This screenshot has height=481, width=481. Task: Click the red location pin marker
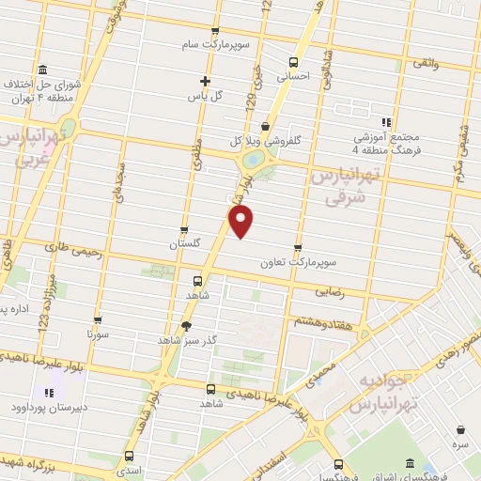click(241, 222)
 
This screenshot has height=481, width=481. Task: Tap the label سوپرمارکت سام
click(215, 45)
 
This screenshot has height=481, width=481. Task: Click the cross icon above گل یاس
click(206, 81)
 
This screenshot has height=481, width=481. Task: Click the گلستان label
click(185, 243)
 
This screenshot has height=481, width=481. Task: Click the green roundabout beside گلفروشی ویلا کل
click(252, 159)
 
